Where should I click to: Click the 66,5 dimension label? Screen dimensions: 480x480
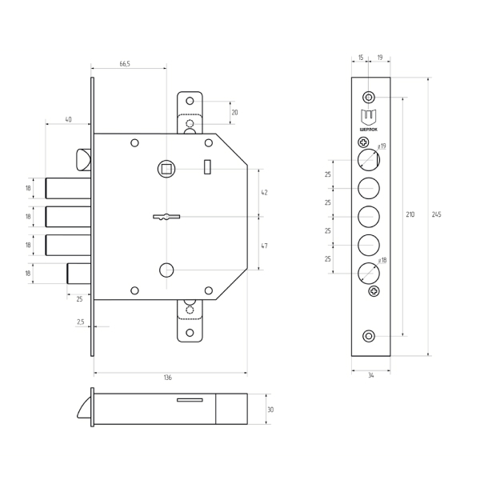125,64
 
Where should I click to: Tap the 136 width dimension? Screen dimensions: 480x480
168,378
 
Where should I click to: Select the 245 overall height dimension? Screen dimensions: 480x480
437,214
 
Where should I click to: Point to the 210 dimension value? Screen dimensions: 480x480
410,214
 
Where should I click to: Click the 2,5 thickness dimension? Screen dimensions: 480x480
80,322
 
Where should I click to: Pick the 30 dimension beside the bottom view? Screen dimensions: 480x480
270,410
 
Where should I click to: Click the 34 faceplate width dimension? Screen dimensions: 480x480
370,375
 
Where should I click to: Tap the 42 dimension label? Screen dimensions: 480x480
264,193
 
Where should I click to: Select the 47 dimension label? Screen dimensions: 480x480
264,246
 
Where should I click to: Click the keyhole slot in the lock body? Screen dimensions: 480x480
166,217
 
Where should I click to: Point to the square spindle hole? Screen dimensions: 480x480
166,169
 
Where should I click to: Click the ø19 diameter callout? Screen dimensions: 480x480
382,146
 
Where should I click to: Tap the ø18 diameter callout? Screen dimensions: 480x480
382,260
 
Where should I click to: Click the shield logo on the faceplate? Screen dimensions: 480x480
369,118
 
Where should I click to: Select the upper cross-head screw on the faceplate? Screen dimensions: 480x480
363,142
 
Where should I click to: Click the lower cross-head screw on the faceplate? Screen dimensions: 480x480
374,291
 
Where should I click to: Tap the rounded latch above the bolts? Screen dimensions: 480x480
83,159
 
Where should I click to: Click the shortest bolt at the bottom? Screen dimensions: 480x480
79,274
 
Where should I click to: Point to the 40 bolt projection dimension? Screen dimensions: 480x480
68,119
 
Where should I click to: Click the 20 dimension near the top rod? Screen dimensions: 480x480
234,113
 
